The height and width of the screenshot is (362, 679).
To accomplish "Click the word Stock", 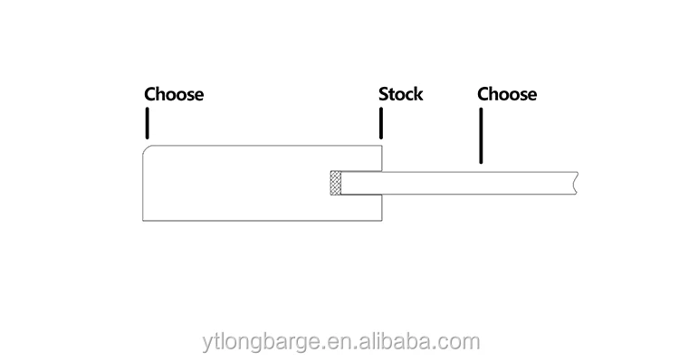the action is pyautogui.click(x=400, y=94).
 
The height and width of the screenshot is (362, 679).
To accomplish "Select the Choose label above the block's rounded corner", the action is pyautogui.click(x=174, y=94).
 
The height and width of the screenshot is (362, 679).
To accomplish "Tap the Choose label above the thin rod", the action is pyautogui.click(x=507, y=94).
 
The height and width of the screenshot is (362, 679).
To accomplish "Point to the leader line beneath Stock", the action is pyautogui.click(x=381, y=123).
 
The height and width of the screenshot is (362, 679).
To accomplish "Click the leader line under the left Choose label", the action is pyautogui.click(x=146, y=121).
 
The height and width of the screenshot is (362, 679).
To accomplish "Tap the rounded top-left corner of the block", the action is pyautogui.click(x=148, y=148).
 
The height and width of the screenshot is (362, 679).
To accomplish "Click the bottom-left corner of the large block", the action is pyautogui.click(x=144, y=220).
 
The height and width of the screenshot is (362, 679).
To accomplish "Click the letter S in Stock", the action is pyautogui.click(x=383, y=94).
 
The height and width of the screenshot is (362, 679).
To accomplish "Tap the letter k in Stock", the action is pyautogui.click(x=417, y=94).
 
